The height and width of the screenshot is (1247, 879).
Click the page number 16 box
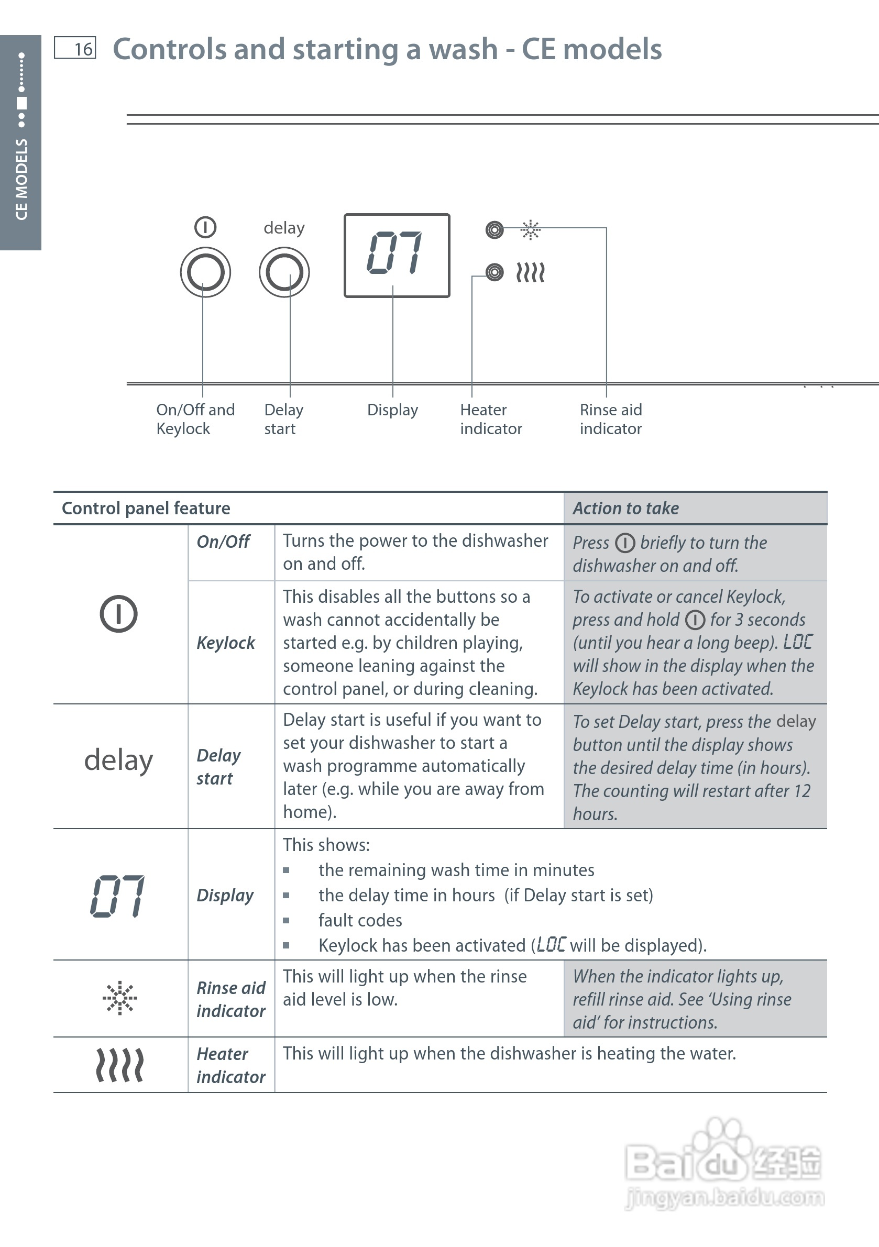pyautogui.click(x=75, y=48)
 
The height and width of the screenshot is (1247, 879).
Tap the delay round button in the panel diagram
pyautogui.click(x=284, y=272)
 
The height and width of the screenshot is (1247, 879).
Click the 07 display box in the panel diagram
pyautogui.click(x=397, y=255)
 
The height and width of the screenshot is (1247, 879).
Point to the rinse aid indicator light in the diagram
pyautogui.click(x=495, y=230)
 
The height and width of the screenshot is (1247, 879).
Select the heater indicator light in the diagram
pyautogui.click(x=495, y=272)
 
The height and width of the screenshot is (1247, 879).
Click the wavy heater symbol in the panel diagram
pyautogui.click(x=530, y=272)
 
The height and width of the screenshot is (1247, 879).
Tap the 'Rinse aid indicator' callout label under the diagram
pyautogui.click(x=611, y=419)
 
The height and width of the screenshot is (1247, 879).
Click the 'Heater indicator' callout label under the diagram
pyautogui.click(x=490, y=419)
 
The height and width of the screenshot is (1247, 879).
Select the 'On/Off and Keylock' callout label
pyautogui.click(x=195, y=419)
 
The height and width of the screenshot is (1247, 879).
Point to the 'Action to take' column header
pyautogui.click(x=626, y=509)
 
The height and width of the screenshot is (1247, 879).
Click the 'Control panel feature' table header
pyautogui.click(x=146, y=509)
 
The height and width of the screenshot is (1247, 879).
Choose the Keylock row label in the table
pyautogui.click(x=225, y=643)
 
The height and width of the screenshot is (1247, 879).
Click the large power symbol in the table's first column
pyautogui.click(x=118, y=614)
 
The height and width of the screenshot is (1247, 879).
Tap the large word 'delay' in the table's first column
pyautogui.click(x=118, y=760)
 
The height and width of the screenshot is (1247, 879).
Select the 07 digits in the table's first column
pyautogui.click(x=118, y=896)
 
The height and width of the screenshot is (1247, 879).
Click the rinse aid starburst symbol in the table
pyautogui.click(x=119, y=998)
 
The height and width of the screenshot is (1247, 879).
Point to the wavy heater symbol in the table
pyautogui.click(x=119, y=1065)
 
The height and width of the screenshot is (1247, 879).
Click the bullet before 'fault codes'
pyautogui.click(x=287, y=921)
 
